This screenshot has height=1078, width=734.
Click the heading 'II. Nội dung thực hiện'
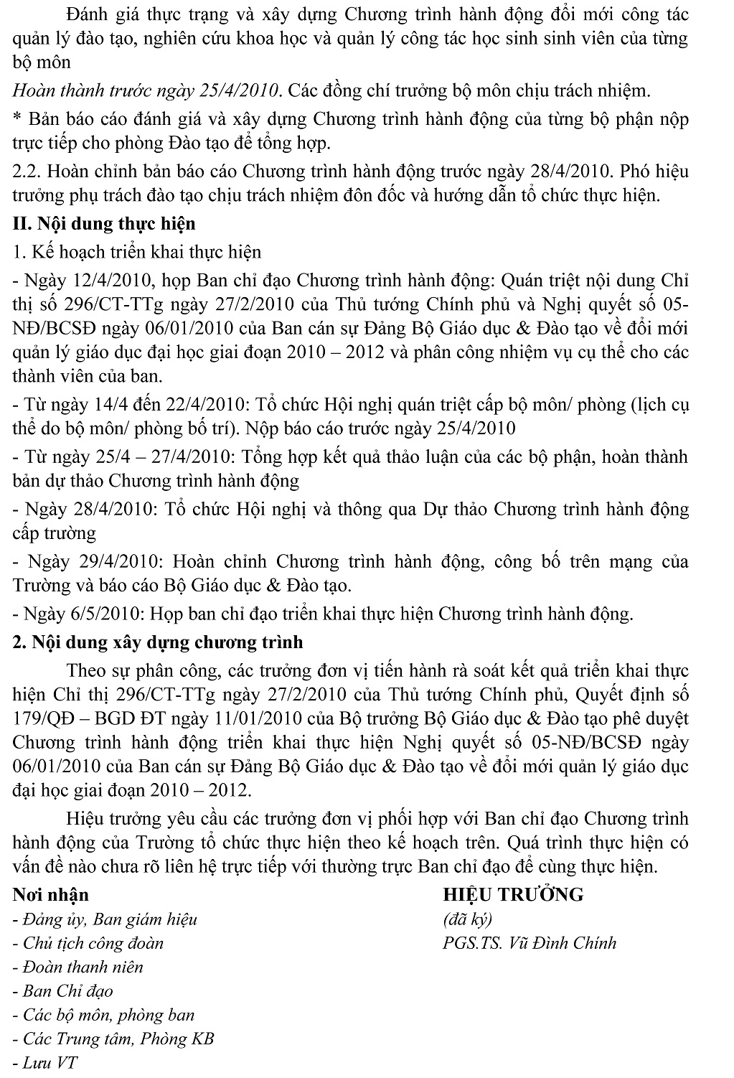coord(104,224)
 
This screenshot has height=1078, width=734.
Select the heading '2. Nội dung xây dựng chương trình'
coord(158,642)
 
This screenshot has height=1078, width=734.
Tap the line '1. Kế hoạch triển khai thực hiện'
coord(137,252)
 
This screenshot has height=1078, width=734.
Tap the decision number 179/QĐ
coord(42,719)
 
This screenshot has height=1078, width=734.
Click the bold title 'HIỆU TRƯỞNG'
coord(513,895)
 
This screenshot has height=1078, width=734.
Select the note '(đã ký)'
coord(468,919)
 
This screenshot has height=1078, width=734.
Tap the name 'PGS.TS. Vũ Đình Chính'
coord(530,943)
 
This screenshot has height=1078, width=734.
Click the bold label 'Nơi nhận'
coord(51,895)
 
